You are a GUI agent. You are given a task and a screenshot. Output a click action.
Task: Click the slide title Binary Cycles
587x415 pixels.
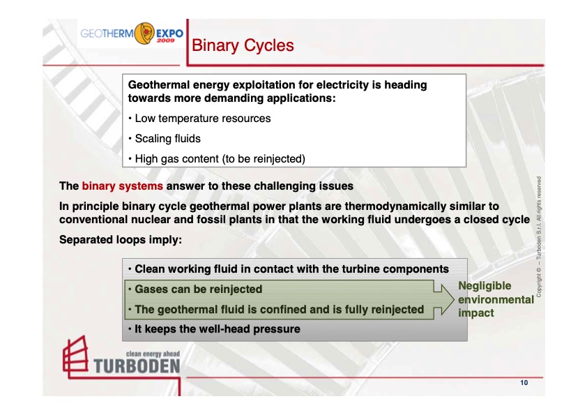click(242, 46)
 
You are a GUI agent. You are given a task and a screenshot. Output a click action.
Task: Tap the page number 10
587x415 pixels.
click(523, 384)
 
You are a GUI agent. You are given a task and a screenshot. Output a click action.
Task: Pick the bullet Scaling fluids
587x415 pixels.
click(167, 139)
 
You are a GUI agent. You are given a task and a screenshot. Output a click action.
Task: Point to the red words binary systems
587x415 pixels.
click(123, 187)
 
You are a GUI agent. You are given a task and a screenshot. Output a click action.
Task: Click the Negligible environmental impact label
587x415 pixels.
click(495, 299)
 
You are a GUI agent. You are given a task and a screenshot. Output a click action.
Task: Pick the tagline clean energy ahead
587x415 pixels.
click(152, 354)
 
